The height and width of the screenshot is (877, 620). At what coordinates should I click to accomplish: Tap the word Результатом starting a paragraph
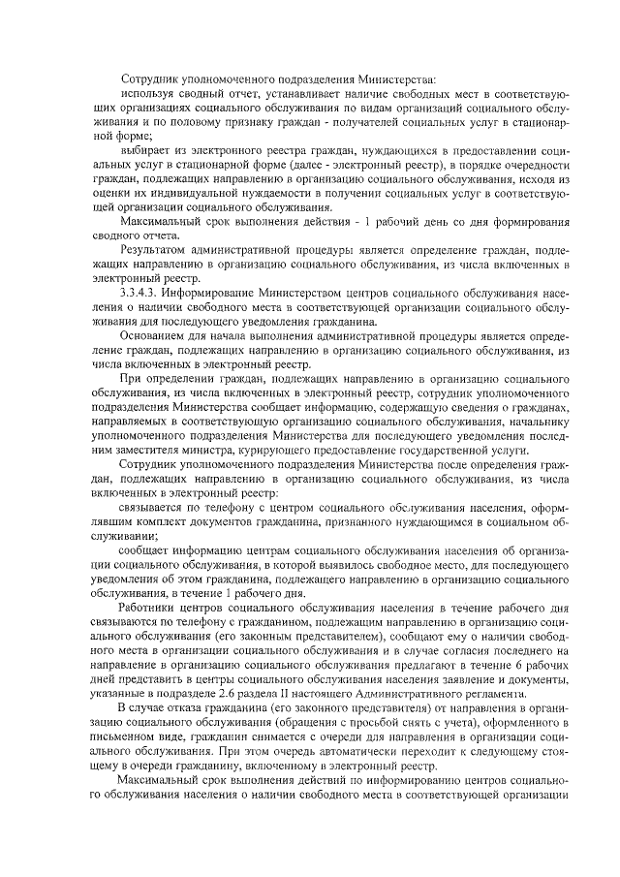pyautogui.click(x=156, y=249)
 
